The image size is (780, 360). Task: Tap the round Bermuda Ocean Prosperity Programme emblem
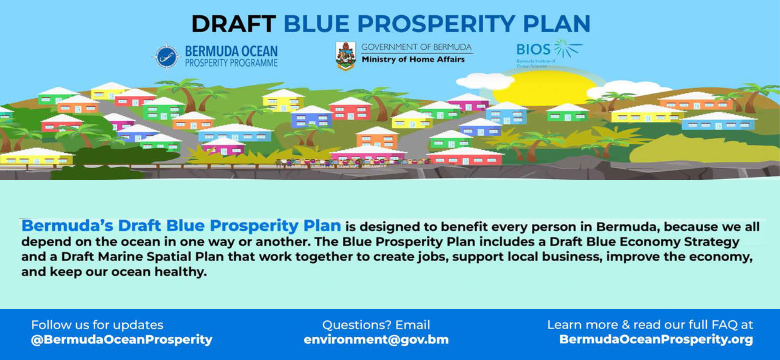coord(167,56)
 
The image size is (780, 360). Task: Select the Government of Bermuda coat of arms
coord(346,55)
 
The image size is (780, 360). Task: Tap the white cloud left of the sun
coord(488,81)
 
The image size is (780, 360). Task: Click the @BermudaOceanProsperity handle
coord(122,340)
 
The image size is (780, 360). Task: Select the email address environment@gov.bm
coord(376,340)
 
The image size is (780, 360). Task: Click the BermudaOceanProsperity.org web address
coord(655,340)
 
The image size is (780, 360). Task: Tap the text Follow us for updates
coord(97,325)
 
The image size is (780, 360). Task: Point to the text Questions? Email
coord(376,325)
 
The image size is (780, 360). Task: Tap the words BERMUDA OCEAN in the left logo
coord(232,50)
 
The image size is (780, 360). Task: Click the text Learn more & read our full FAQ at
coord(650,325)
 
